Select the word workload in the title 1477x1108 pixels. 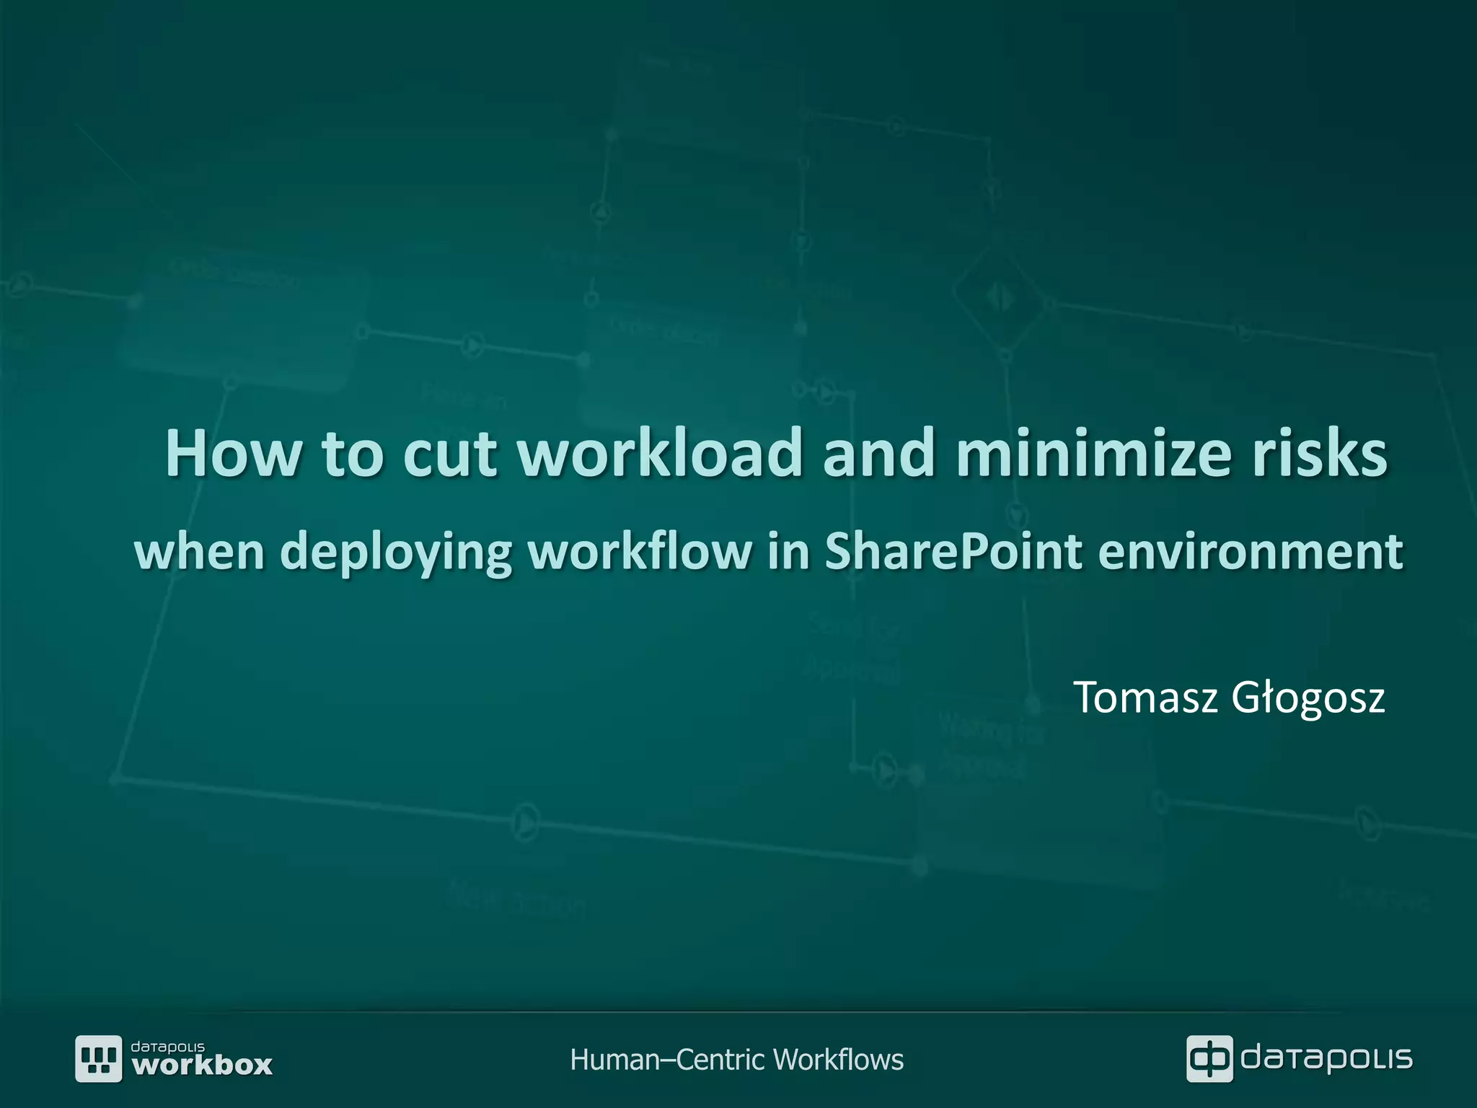660,454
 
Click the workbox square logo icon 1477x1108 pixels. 99,1058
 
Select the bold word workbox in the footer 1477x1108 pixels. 203,1065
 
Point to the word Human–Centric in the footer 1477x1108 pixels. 666,1060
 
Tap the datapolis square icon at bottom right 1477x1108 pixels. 1209,1058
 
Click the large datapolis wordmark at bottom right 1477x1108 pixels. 1326,1058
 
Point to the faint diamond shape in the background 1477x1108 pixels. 1000,295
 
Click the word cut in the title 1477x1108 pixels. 449,454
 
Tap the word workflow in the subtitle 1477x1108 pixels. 639,551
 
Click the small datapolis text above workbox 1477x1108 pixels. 167,1046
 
